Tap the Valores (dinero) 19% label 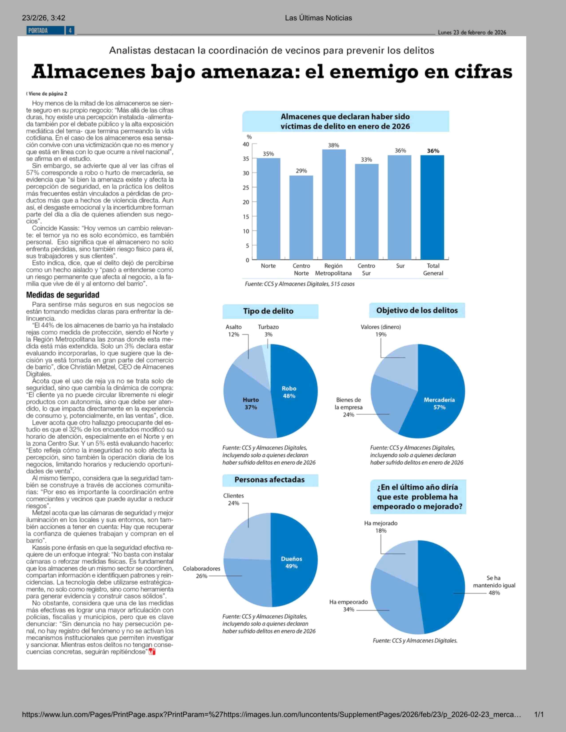(x=381, y=331)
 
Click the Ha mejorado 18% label (x=381, y=527)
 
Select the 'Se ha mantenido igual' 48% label (x=494, y=585)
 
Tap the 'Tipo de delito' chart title (x=268, y=311)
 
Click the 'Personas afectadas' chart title (x=270, y=480)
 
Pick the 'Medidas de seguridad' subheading (x=63, y=295)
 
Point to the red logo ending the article (x=152, y=652)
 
